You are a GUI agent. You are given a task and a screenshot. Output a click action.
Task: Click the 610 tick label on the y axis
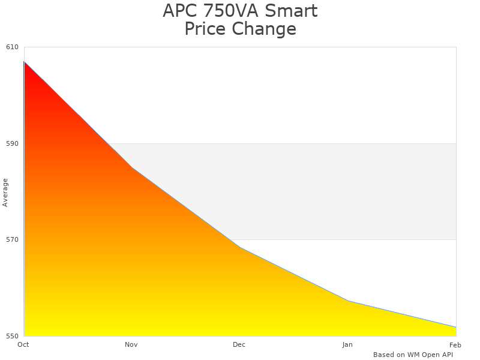[13, 47]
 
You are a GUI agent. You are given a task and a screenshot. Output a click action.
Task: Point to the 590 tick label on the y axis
[13, 143]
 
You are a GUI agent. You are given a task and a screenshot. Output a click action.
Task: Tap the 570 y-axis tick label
[13, 239]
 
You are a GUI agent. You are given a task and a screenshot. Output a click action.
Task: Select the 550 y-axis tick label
[13, 335]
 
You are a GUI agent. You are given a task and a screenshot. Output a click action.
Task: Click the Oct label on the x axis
[23, 344]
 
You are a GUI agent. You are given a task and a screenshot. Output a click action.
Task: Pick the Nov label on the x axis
[131, 344]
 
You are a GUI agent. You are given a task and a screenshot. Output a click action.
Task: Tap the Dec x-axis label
[239, 344]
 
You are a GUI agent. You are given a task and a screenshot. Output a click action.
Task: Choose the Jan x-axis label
[347, 344]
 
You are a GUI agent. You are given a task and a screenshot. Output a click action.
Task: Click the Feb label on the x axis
[455, 344]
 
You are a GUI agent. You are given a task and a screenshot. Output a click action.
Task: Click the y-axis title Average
[5, 192]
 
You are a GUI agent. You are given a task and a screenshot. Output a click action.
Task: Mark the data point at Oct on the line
[24, 61]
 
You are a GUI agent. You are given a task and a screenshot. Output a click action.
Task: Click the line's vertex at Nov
[132, 167]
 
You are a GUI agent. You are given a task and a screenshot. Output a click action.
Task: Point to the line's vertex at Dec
[240, 247]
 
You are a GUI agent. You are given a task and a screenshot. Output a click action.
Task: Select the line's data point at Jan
[348, 301]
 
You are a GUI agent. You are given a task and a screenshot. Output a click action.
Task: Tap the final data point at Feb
[456, 327]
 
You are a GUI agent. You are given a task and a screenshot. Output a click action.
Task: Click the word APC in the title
[179, 11]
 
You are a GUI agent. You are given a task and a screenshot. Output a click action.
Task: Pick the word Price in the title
[205, 29]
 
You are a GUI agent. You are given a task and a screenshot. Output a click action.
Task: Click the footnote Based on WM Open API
[413, 355]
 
